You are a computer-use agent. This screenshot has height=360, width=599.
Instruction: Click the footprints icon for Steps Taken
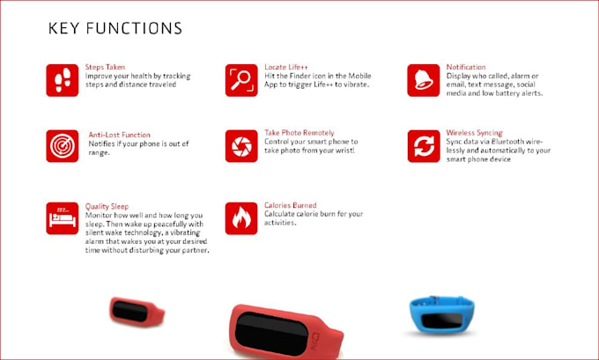pyautogui.click(x=63, y=80)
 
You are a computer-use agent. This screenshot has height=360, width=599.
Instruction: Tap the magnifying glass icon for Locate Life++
pyautogui.click(x=241, y=80)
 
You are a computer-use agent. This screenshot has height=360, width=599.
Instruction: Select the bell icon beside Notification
pyautogui.click(x=424, y=80)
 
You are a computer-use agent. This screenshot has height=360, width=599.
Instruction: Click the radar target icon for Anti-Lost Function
pyautogui.click(x=63, y=146)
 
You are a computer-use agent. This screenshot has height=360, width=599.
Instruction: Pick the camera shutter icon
pyautogui.click(x=241, y=146)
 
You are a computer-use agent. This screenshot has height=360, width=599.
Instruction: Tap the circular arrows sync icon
pyautogui.click(x=424, y=146)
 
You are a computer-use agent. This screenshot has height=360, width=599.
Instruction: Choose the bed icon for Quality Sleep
pyautogui.click(x=63, y=218)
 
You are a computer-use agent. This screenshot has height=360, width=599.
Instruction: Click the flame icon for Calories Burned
pyautogui.click(x=241, y=218)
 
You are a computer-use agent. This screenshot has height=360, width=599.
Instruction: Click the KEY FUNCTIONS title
pyautogui.click(x=115, y=29)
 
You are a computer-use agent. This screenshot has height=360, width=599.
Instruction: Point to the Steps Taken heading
pyautogui.click(x=105, y=67)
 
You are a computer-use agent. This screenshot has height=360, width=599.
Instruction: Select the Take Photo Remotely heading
pyautogui.click(x=299, y=133)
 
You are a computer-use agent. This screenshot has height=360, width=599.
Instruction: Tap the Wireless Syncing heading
pyautogui.click(x=475, y=133)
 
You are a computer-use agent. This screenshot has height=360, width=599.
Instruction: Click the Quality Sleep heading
pyautogui.click(x=107, y=207)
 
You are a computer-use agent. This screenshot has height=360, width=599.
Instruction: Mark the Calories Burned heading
pyautogui.click(x=291, y=205)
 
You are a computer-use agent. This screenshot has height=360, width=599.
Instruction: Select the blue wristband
pyautogui.click(x=442, y=315)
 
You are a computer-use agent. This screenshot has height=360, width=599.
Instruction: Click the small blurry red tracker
pyautogui.click(x=137, y=312)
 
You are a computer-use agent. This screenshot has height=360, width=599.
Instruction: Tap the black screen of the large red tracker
pyautogui.click(x=271, y=334)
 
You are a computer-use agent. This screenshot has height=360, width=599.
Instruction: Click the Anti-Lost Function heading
pyautogui.click(x=119, y=135)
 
